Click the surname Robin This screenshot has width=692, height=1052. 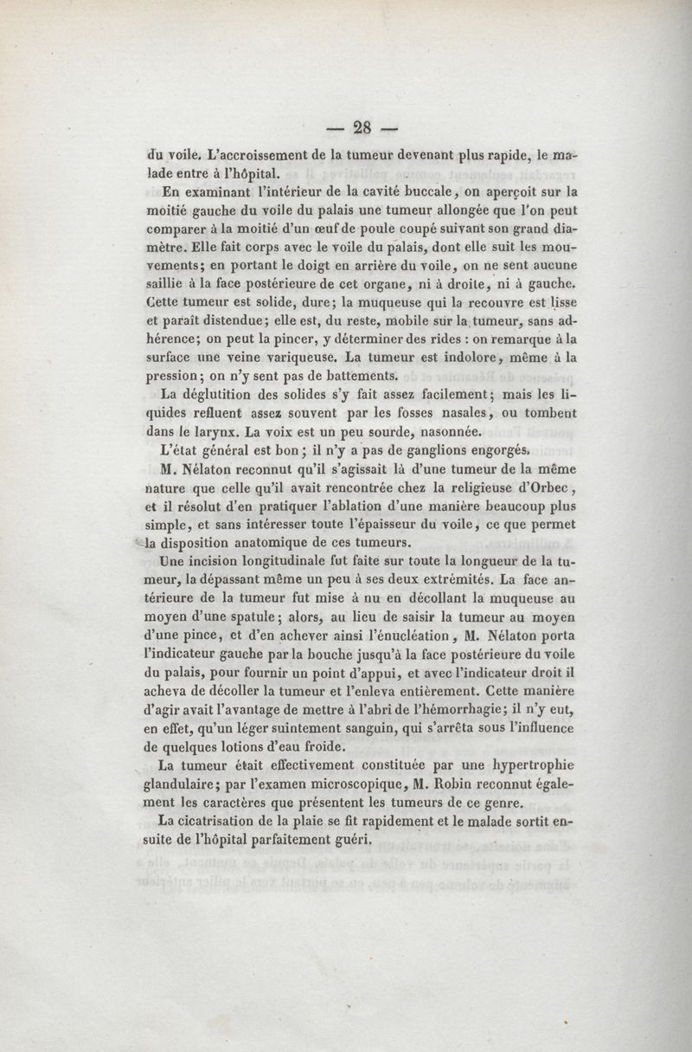click(x=456, y=784)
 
